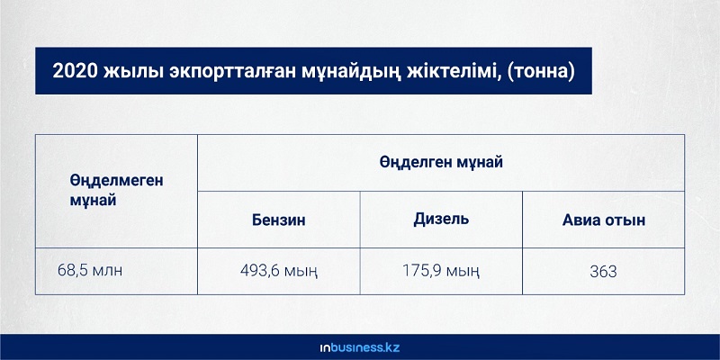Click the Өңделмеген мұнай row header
point(117,191)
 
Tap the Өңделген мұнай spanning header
point(441,162)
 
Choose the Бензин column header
point(279,220)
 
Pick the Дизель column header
point(441,219)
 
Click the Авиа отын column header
point(603,220)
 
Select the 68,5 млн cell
point(90,270)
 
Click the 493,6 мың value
point(279,271)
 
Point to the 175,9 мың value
point(441,271)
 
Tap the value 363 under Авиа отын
point(603,272)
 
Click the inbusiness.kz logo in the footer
point(360,347)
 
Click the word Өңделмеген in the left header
point(117,181)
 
